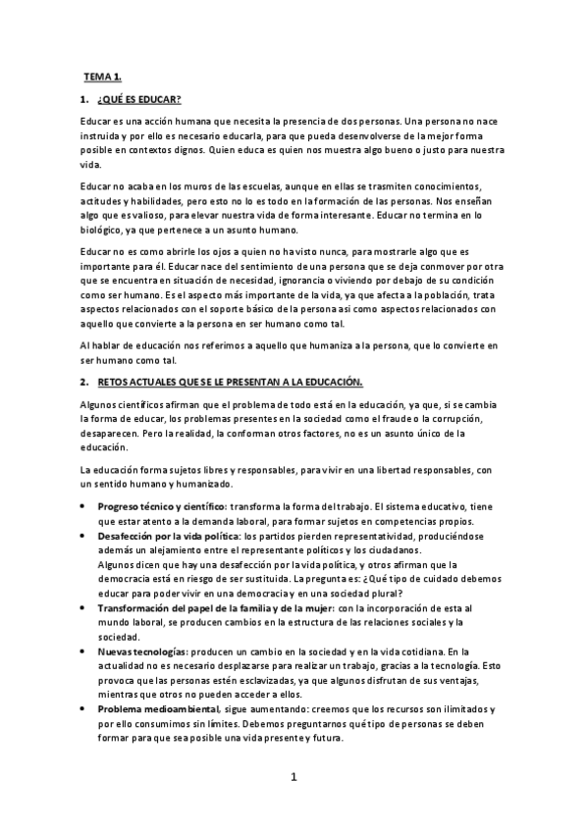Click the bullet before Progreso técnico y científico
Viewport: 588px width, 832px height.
pos(82,505)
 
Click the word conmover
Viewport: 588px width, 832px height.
pos(423,266)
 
